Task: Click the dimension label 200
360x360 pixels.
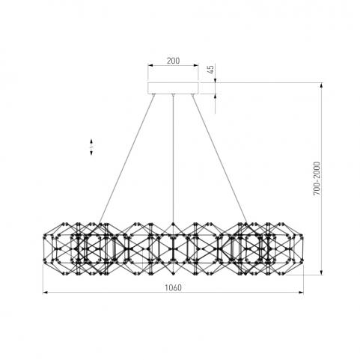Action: (x=173, y=61)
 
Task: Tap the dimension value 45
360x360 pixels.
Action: (x=211, y=70)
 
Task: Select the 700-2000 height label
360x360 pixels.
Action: (x=317, y=179)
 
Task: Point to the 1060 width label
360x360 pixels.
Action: (x=173, y=287)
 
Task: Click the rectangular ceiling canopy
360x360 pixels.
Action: (x=173, y=88)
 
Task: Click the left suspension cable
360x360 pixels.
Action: (x=126, y=159)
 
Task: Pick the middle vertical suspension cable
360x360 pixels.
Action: (x=173, y=159)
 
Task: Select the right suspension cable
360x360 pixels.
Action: (x=219, y=159)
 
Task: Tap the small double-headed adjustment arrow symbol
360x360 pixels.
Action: (x=91, y=147)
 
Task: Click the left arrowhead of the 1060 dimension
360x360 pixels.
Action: (x=46, y=292)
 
